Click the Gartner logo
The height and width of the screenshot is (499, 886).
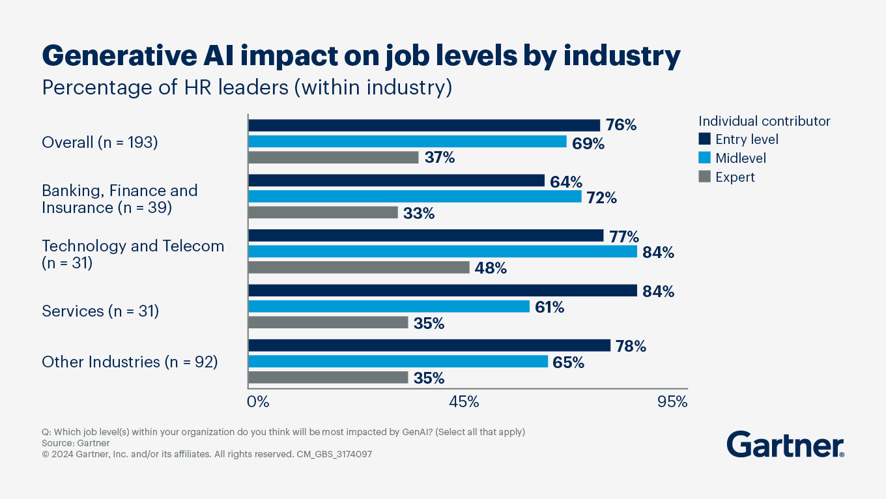click(x=785, y=444)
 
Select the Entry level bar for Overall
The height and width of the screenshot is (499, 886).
click(x=424, y=125)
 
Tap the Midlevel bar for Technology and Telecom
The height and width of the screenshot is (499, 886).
click(x=442, y=251)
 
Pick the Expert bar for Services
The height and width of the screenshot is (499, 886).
click(x=328, y=322)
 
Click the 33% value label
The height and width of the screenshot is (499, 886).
click(x=419, y=213)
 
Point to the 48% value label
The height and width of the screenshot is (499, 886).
click(x=491, y=268)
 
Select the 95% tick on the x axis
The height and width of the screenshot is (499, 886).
click(x=672, y=402)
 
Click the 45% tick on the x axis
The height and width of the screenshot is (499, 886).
click(x=464, y=402)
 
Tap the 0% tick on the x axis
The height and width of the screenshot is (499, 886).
click(x=259, y=402)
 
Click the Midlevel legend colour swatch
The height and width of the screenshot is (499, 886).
click(x=704, y=158)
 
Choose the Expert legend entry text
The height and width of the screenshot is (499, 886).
click(x=735, y=177)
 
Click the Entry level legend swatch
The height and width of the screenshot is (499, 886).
click(x=704, y=139)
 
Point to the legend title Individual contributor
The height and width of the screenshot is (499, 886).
click(x=764, y=121)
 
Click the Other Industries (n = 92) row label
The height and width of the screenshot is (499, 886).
click(x=130, y=362)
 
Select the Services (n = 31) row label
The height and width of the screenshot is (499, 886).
click(x=100, y=311)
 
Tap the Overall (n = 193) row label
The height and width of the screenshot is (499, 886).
click(x=100, y=142)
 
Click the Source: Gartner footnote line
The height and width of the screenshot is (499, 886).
click(x=76, y=443)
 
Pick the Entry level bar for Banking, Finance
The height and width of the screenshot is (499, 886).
click(x=396, y=180)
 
